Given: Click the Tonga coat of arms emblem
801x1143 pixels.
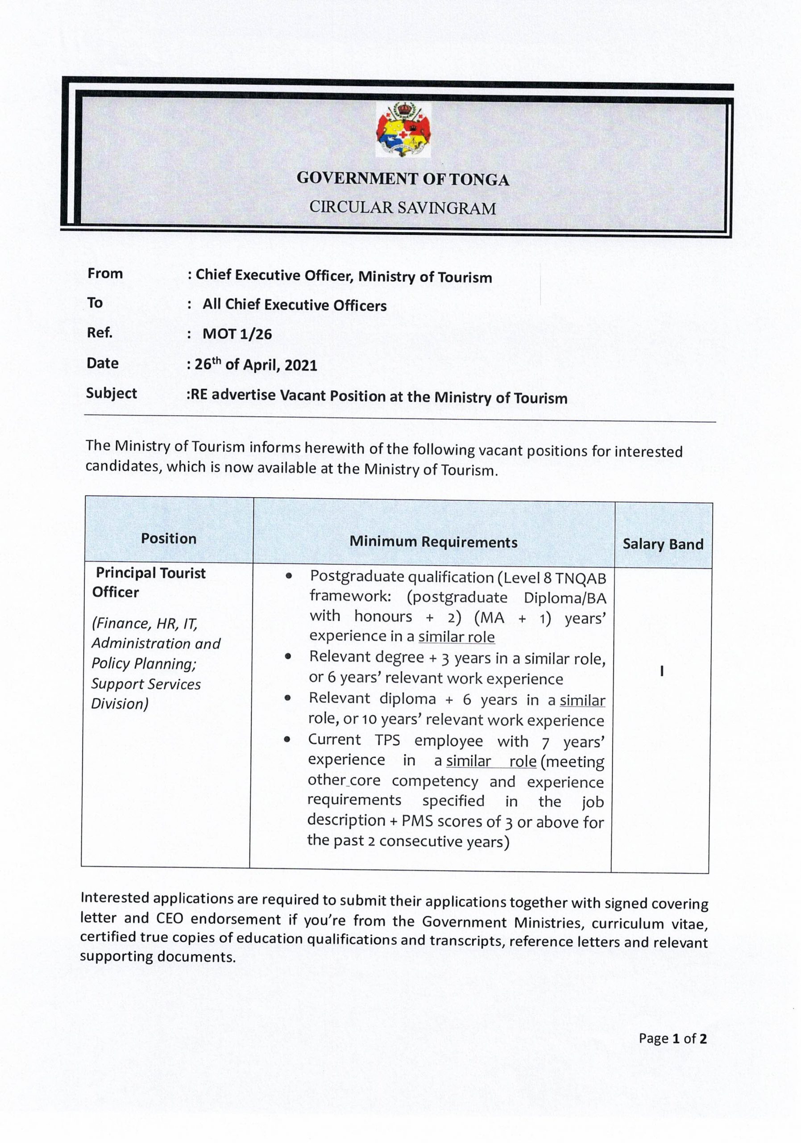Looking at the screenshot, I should coord(403,130).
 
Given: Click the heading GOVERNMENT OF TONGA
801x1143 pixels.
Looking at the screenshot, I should coord(403,179).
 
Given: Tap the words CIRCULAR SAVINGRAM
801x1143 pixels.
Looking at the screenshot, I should coord(403,208).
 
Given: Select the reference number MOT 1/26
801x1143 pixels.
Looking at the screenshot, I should coord(237,334).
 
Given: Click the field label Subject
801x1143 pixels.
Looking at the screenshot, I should coord(111,393).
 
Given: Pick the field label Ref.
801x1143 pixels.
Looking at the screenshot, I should coord(100,333).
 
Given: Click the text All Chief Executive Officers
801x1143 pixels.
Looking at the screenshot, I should coord(294,305).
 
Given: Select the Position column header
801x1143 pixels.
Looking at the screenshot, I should coord(169,538).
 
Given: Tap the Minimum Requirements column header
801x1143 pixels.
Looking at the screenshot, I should coord(433,542).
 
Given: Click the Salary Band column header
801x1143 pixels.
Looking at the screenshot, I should coord(663,544).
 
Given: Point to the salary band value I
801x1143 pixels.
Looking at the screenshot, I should coord(661,671).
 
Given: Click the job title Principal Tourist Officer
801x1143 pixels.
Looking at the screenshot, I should coord(149,583).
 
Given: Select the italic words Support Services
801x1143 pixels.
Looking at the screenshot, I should coord(146,684).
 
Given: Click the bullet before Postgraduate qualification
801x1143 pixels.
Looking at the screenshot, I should coord(289,576).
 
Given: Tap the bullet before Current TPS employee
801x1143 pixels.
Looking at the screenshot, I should coord(287,739).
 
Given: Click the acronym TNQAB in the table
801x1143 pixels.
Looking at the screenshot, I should coord(580,579).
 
